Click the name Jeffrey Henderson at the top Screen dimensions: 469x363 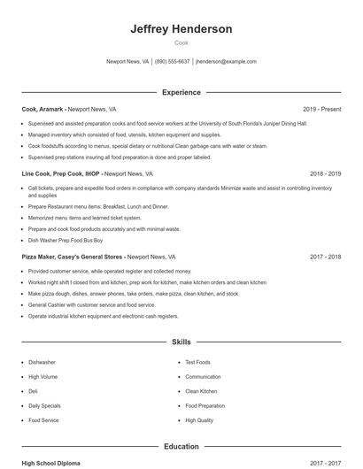(181, 29)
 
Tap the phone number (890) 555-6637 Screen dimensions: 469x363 (172, 62)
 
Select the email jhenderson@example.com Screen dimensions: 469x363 (226, 62)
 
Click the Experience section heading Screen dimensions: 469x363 (181, 92)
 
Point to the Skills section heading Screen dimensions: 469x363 (181, 341)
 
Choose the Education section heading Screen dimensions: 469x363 (181, 446)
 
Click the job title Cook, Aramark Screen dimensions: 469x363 (42, 109)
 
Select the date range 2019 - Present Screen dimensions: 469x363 (321, 109)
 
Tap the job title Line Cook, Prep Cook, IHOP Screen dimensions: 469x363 (61, 174)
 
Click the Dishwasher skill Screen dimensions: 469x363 (42, 362)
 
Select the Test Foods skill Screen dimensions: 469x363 (197, 362)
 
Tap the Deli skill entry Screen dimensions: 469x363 (33, 391)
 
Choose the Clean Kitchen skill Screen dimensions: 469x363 (201, 391)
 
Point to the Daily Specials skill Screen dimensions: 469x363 (44, 405)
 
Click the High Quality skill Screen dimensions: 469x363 (199, 420)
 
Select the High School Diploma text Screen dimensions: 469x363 (51, 463)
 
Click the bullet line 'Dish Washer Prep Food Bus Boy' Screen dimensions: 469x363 (66, 240)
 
